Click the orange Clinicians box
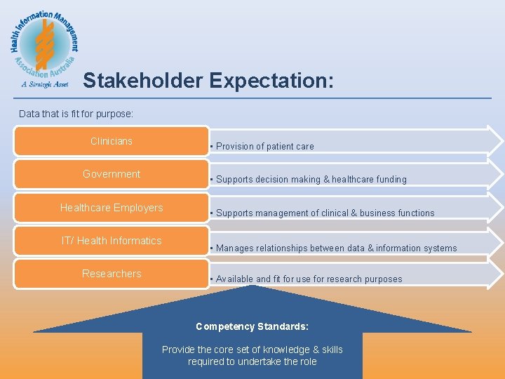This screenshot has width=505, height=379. tap(112, 141)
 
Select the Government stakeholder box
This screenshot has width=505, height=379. tap(112, 174)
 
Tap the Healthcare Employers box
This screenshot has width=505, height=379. tap(112, 208)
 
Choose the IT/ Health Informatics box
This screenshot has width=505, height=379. tap(112, 241)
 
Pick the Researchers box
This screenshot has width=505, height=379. tap(112, 274)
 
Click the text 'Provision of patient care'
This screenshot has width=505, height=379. tap(264, 147)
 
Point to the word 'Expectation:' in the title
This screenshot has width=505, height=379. tap(271, 81)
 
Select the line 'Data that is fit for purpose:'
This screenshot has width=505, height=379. tap(76, 114)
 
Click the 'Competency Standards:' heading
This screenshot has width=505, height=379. tap(252, 327)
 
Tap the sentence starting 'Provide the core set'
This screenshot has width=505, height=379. tap(252, 355)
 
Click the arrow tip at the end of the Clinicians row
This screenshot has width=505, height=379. tap(496, 140)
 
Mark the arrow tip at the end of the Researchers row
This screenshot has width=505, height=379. tap(496, 274)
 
